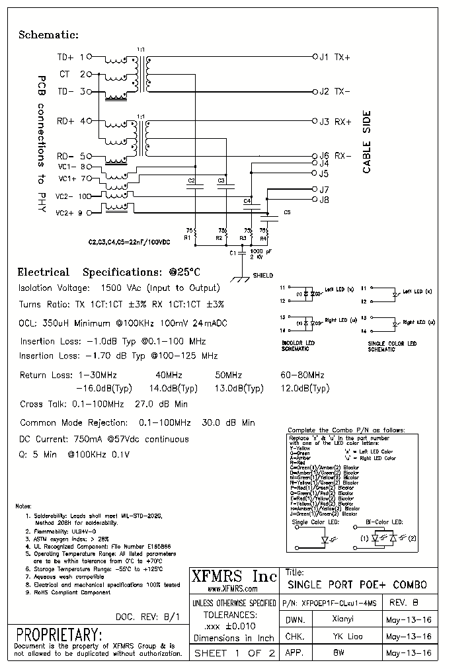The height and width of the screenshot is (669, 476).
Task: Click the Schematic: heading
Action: [48, 35]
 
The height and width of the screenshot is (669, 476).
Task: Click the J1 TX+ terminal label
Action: [335, 58]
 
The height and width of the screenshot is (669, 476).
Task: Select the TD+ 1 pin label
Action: [71, 58]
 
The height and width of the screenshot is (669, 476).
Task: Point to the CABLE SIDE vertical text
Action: [367, 142]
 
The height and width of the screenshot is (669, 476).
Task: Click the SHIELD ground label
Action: [262, 276]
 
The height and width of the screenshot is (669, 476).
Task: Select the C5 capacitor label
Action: [286, 212]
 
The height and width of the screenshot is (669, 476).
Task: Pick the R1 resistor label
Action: [187, 237]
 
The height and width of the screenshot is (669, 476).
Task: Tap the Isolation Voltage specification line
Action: [120, 288]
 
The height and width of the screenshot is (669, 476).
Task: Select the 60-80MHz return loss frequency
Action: [302, 375]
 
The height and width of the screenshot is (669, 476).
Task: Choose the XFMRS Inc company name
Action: [233, 576]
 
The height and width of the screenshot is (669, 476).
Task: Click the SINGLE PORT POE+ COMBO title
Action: [357, 585]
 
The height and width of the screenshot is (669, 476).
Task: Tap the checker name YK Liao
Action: [346, 636]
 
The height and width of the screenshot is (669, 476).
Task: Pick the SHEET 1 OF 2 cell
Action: [233, 652]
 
